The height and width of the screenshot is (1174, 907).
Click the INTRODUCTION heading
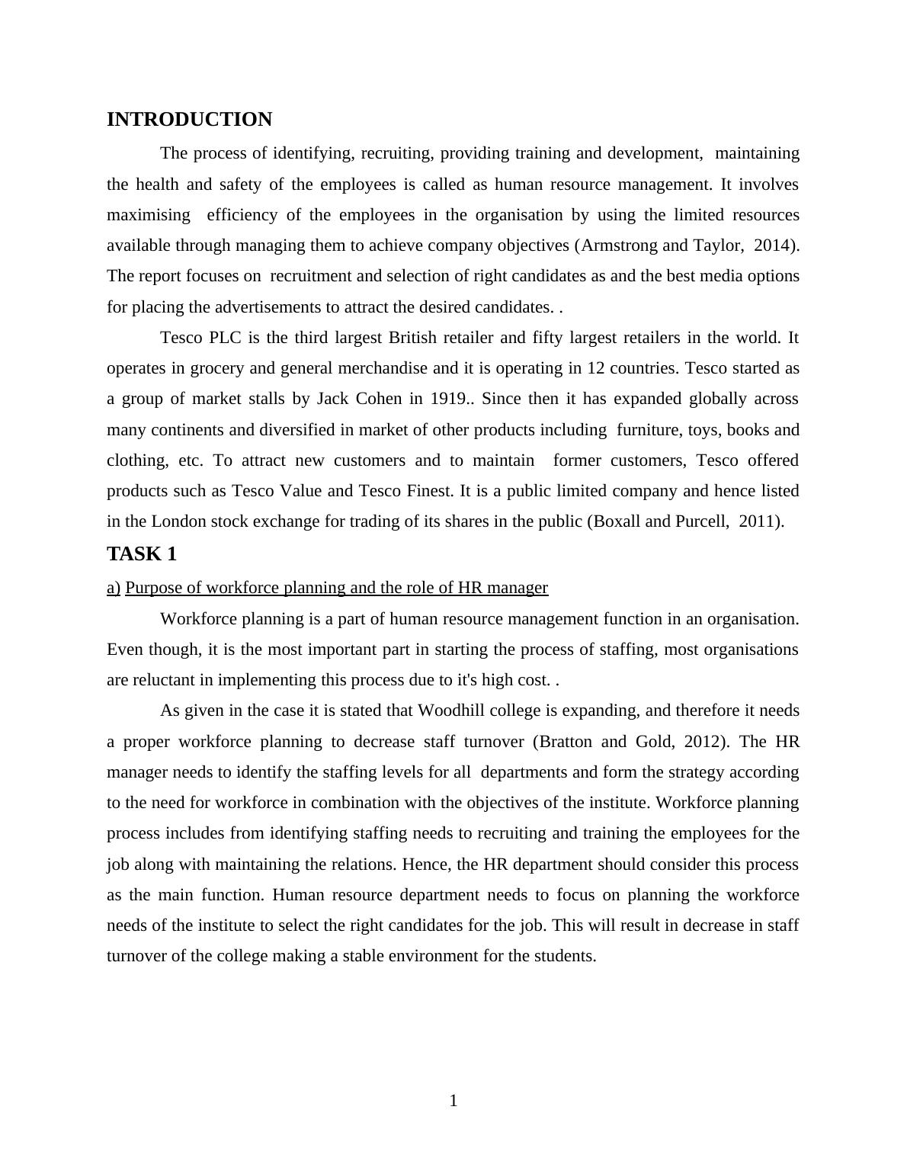coord(189,120)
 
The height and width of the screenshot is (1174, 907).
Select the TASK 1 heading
coord(142,554)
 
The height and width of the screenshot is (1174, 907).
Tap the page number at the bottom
coord(453,1101)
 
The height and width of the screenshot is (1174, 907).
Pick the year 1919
coord(450,399)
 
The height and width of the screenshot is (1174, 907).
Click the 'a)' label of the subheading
coord(114,588)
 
